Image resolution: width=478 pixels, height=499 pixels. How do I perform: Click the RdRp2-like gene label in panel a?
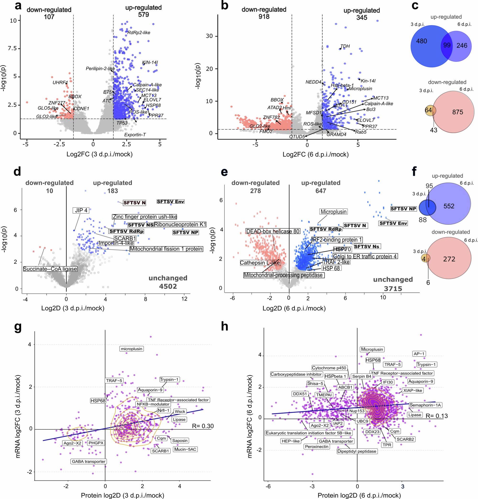pyautogui.click(x=139, y=33)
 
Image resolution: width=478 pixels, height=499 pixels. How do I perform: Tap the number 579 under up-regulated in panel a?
pyautogui.click(x=143, y=15)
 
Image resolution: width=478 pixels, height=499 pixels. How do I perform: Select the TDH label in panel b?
pyautogui.click(x=345, y=46)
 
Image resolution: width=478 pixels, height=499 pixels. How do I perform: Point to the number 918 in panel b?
pyautogui.click(x=264, y=17)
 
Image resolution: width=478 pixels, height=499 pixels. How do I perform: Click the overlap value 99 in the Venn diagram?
pyautogui.click(x=447, y=45)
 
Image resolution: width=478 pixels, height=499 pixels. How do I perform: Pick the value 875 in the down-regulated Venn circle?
pyautogui.click(x=457, y=112)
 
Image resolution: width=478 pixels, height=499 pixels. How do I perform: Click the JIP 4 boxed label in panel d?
pyautogui.click(x=81, y=210)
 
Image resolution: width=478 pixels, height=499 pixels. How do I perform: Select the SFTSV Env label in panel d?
pyautogui.click(x=170, y=202)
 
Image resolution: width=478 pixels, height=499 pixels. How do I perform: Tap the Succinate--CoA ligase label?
pyautogui.click(x=50, y=269)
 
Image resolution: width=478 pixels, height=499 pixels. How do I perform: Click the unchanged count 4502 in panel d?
pyautogui.click(x=168, y=286)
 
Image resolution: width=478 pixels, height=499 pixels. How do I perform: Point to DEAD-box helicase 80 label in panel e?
pyautogui.click(x=272, y=231)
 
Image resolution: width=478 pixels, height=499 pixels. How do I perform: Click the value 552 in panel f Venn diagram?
pyautogui.click(x=449, y=206)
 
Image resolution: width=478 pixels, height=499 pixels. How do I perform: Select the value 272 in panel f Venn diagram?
pyautogui.click(x=449, y=259)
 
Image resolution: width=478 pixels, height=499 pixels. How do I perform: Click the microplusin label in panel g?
pyautogui.click(x=131, y=349)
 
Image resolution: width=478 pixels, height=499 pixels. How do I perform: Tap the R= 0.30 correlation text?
pyautogui.click(x=203, y=426)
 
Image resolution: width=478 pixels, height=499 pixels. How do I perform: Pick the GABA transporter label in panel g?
pyautogui.click(x=88, y=461)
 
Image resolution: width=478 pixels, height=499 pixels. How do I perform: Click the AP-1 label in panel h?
pyautogui.click(x=419, y=354)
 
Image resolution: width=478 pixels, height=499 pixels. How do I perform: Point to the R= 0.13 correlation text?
pyautogui.click(x=436, y=416)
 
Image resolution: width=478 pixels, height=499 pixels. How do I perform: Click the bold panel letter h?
pyautogui.click(x=224, y=326)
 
